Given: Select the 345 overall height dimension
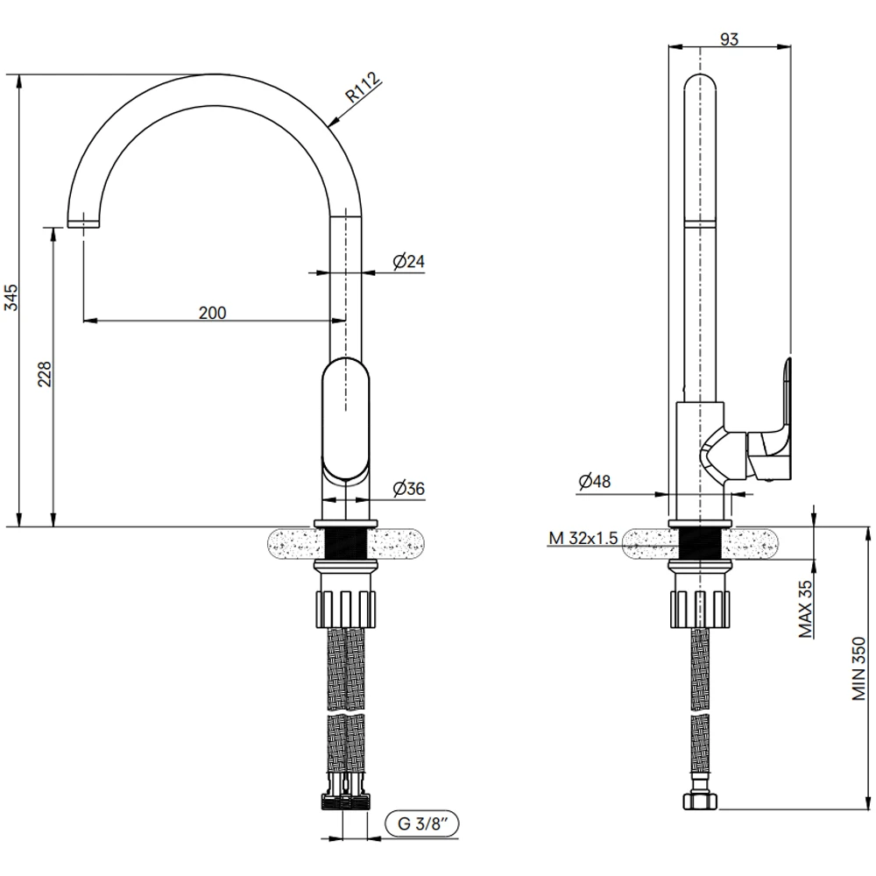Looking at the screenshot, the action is coord(12,297).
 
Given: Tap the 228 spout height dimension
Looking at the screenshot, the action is coord(45,374).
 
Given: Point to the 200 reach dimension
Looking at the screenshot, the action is coord(212,313).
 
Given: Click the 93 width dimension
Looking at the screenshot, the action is coord(729,39).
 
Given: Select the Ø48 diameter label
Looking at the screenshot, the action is coord(595,481).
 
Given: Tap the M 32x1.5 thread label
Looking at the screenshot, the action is coord(583,538).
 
